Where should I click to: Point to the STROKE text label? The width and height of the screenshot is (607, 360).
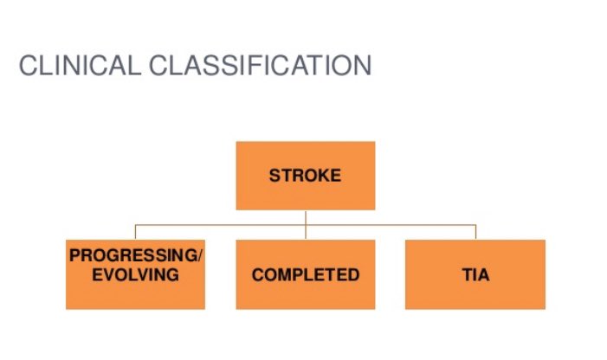coord(305,176)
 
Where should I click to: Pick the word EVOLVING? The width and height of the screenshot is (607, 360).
coord(135,275)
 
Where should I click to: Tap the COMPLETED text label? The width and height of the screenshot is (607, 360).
coord(305,275)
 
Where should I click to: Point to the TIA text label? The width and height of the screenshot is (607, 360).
coord(475,275)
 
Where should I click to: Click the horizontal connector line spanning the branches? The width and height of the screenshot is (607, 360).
coord(390,225)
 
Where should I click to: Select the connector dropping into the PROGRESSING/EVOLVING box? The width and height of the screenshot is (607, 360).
coord(135,232)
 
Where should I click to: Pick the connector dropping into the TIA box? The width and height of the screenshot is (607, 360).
coord(475,232)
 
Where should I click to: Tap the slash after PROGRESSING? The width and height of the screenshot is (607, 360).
coord(199,257)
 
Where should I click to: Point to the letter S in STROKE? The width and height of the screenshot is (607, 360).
coord(274,176)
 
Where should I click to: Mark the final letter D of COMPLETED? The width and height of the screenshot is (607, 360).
coord(353,275)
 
